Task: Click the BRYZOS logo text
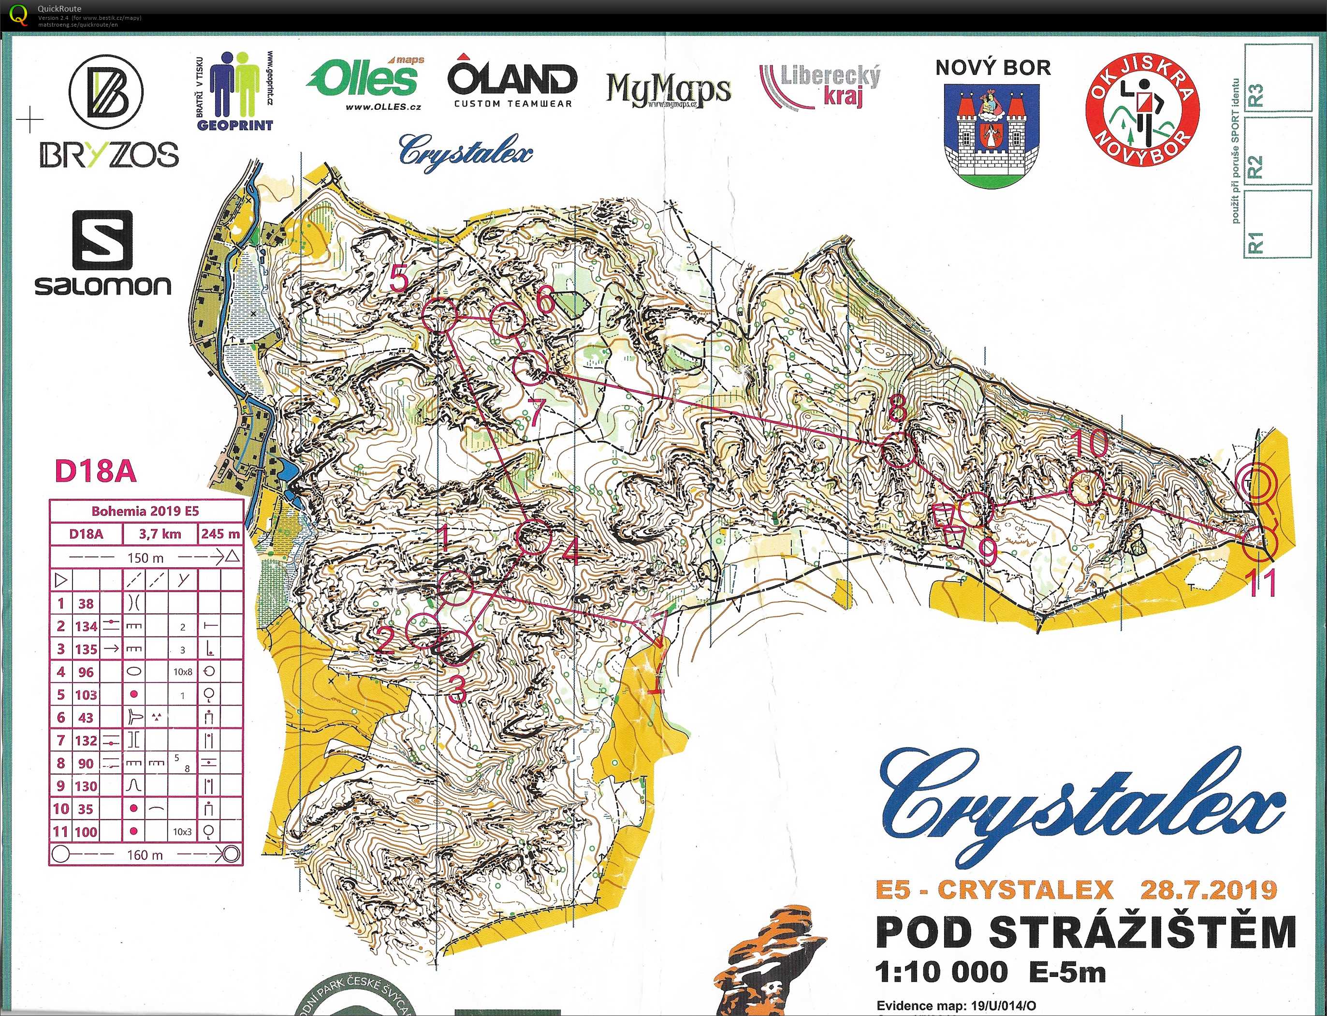(109, 155)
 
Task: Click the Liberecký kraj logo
(820, 87)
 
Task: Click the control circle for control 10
(1086, 487)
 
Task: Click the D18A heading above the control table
(96, 471)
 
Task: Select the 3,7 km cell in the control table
(160, 534)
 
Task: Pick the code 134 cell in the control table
(86, 627)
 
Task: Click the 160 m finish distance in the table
(145, 855)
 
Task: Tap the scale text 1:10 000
(941, 972)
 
